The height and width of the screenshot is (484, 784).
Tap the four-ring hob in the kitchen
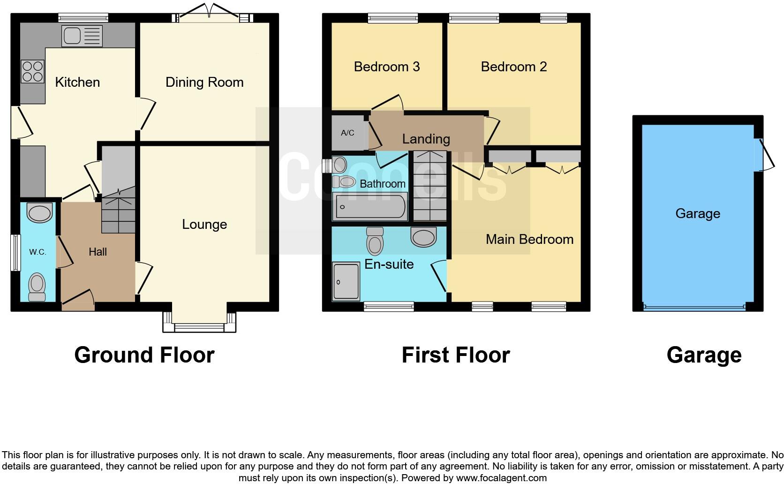(32, 71)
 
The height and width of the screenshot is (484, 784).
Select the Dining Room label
(204, 83)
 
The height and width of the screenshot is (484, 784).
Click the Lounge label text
(204, 225)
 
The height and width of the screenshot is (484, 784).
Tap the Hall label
(98, 252)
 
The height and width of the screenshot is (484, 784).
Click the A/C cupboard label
(347, 133)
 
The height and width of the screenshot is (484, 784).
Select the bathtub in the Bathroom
(369, 207)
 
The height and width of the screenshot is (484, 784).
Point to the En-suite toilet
(375, 241)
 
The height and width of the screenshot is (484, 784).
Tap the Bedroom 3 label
(386, 67)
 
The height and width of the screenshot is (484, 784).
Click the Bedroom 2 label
(513, 67)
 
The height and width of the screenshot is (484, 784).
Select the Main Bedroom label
(529, 240)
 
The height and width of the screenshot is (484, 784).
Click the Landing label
(426, 139)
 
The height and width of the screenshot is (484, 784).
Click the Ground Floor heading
(144, 355)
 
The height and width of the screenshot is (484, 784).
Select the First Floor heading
(455, 355)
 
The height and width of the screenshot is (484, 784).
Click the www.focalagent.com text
(502, 478)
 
